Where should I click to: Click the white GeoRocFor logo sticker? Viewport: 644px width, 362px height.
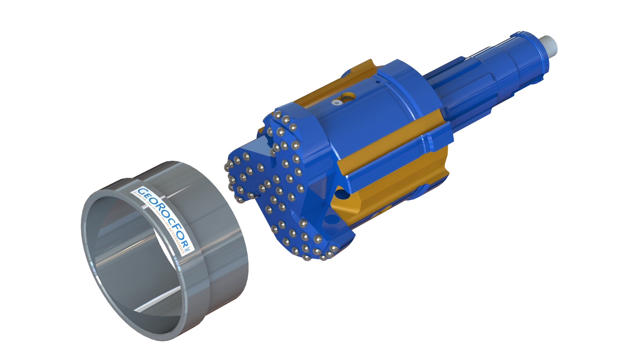[162, 221]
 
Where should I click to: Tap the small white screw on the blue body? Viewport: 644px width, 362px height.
[337, 102]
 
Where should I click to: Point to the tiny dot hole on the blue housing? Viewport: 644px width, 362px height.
[377, 81]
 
